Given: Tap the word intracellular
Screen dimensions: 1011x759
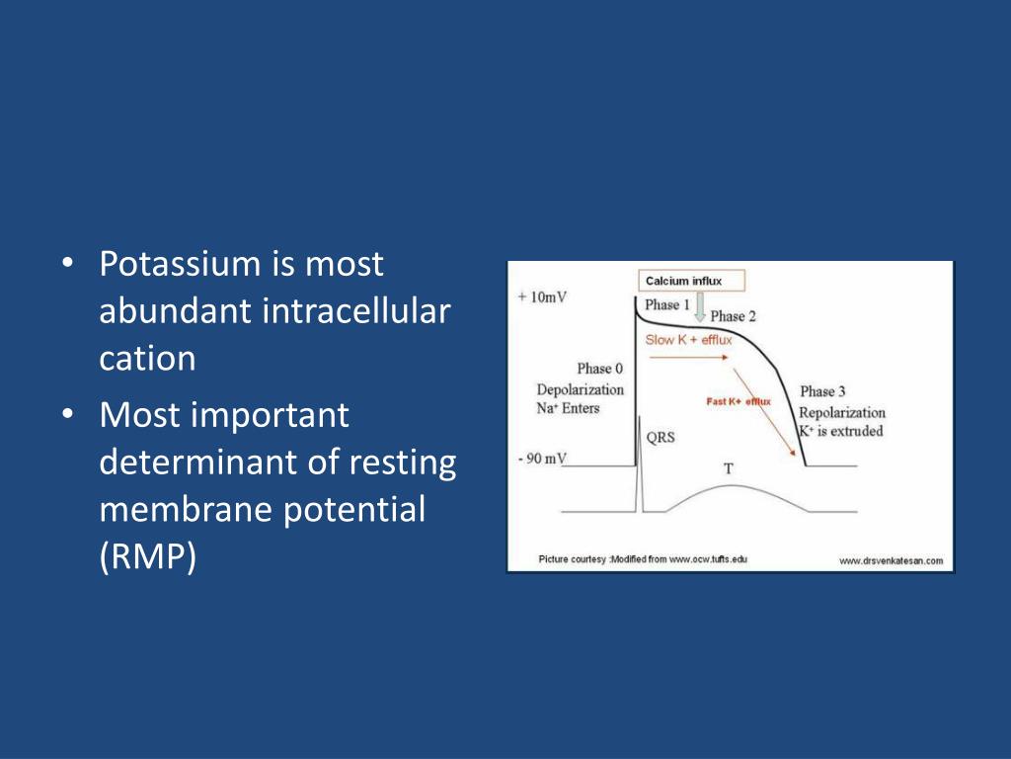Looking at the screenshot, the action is (x=355, y=311).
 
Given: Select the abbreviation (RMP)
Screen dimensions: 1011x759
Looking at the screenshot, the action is (x=148, y=557).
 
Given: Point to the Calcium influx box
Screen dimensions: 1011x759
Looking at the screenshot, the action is (x=691, y=281).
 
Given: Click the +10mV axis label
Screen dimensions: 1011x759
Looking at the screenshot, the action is (x=542, y=296).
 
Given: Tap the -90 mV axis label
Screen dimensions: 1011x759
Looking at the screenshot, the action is (x=542, y=459).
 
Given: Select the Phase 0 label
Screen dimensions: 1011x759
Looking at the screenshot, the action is (x=599, y=369).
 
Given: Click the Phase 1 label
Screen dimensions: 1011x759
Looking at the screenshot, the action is (x=667, y=304).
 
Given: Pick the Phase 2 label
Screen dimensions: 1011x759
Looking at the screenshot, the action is (x=734, y=316).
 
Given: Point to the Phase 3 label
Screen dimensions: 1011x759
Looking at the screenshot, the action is (x=822, y=391).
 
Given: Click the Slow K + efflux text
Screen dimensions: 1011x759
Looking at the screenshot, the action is (x=688, y=340).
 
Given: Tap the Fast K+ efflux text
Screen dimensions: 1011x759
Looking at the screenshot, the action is (x=739, y=401).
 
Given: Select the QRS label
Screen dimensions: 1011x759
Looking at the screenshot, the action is (x=661, y=437).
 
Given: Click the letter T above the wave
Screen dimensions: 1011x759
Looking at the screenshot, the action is (x=729, y=468).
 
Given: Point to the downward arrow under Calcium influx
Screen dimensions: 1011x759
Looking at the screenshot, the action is (x=700, y=308).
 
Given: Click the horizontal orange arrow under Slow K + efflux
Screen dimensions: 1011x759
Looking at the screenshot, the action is (x=688, y=357).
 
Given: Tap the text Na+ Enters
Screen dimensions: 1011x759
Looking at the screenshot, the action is (x=568, y=408).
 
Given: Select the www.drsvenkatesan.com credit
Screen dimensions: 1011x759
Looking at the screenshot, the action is (x=892, y=561).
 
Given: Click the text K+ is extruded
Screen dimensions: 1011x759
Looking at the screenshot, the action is (x=841, y=431).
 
